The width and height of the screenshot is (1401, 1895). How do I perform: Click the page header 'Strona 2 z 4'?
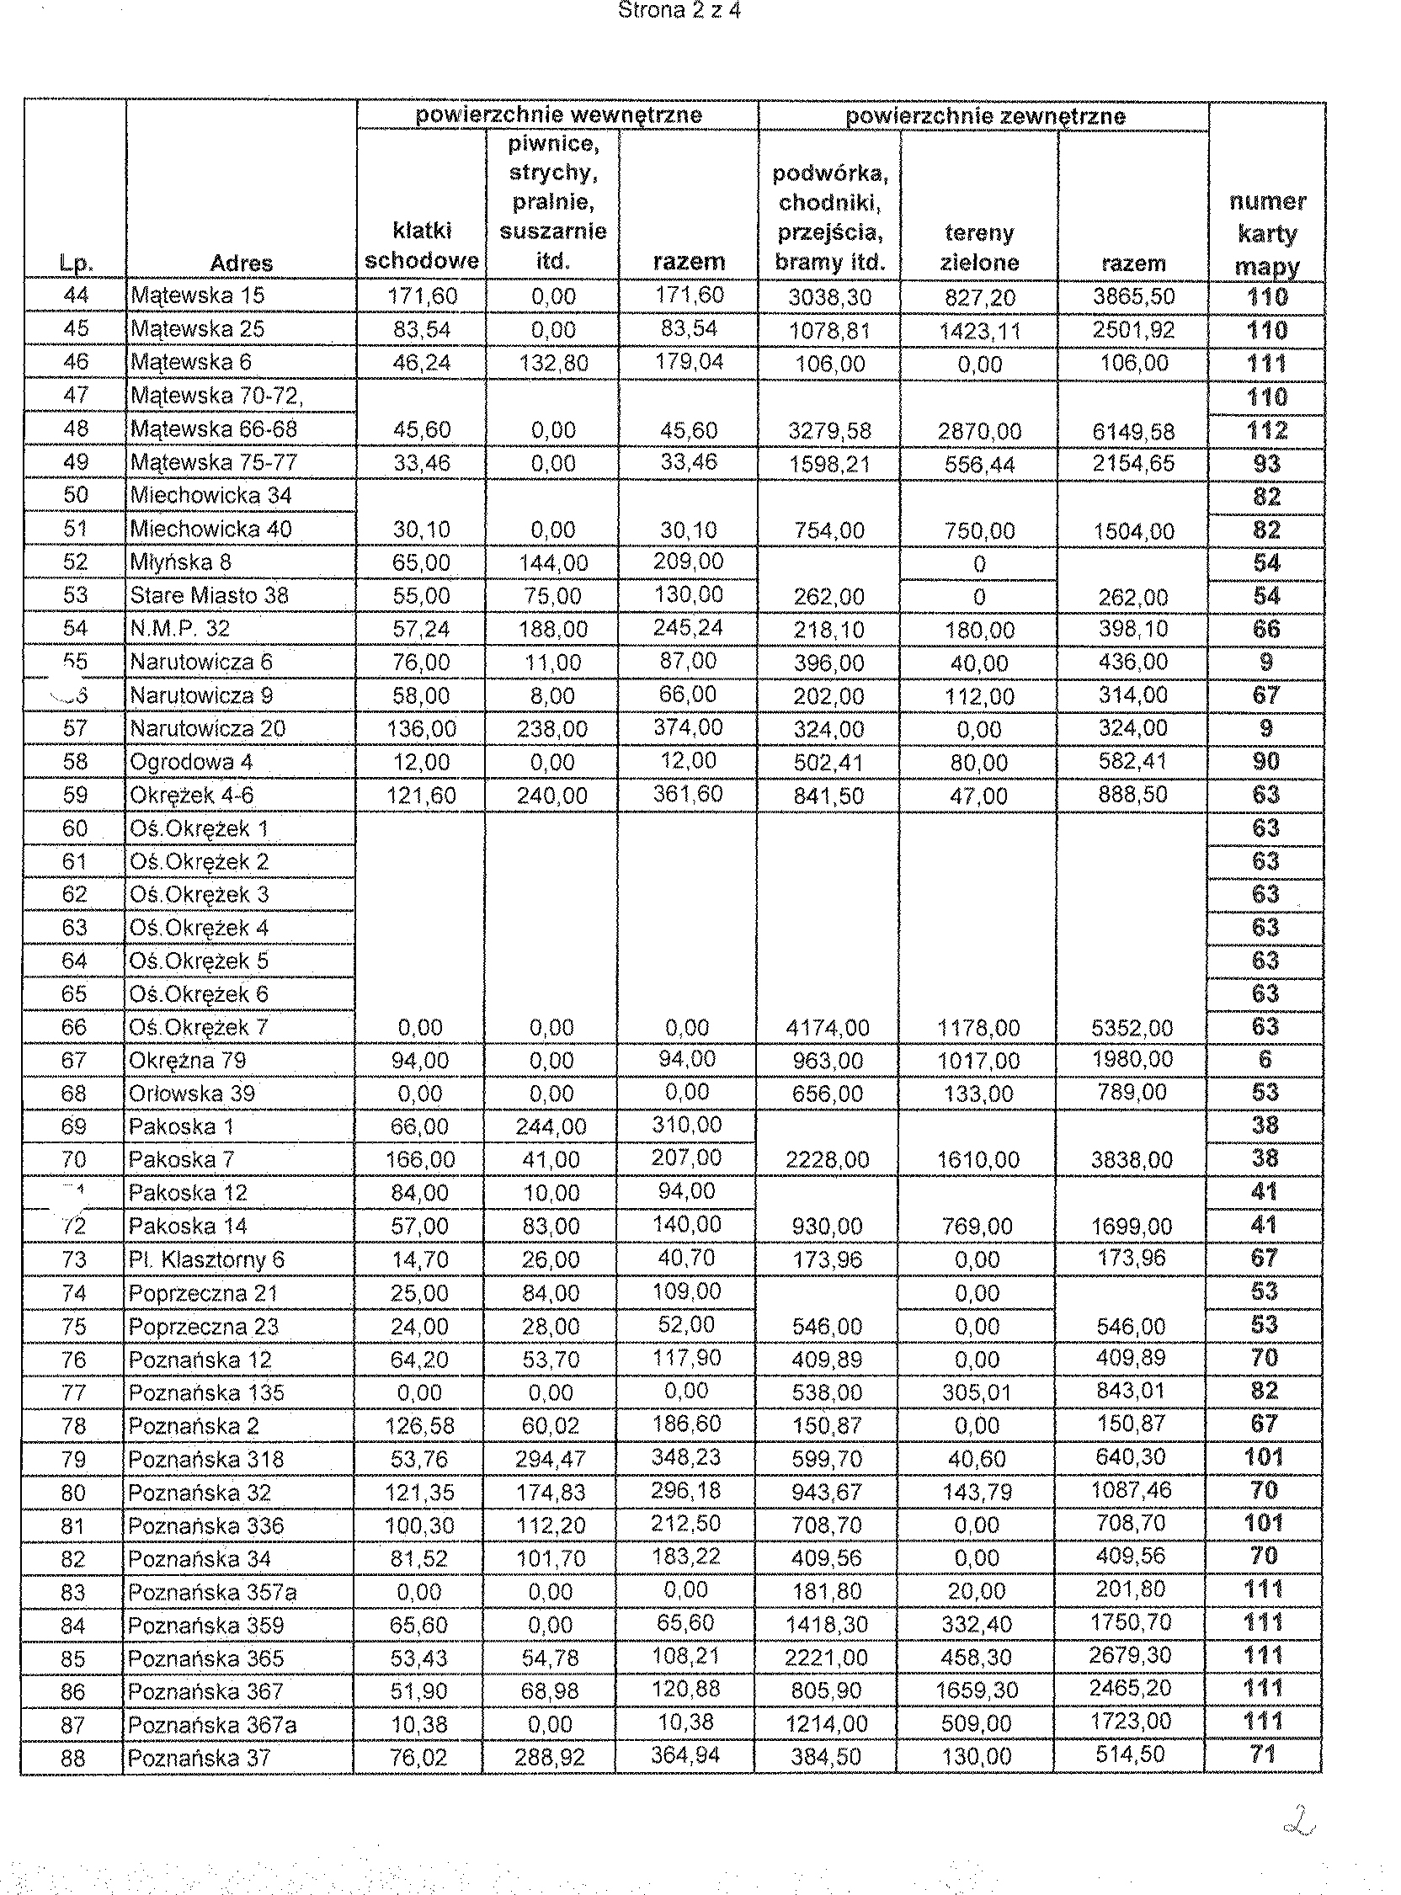pos(679,11)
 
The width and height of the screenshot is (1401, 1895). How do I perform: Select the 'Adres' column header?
pos(241,263)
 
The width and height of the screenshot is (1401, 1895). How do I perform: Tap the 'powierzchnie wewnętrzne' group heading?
pos(558,115)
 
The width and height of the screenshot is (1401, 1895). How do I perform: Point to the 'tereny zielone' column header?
pos(978,247)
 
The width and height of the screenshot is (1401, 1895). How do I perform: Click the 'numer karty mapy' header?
pos(1267,234)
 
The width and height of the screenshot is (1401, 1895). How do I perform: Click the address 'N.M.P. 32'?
pos(179,628)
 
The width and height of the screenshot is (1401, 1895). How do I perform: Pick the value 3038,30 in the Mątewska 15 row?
pos(828,298)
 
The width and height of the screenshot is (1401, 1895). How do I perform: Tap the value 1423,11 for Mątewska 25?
pos(979,331)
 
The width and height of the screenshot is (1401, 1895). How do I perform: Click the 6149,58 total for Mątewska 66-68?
pos(1133,432)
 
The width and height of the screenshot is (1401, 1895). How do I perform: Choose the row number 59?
pos(75,796)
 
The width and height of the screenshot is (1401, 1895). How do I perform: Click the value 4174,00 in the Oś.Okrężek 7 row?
pos(828,1029)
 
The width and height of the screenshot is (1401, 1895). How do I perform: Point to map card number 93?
pos(1266,464)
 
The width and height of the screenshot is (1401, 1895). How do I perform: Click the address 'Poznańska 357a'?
pos(212,1592)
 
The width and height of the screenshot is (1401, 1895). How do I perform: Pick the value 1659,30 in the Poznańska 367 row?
pos(977,1691)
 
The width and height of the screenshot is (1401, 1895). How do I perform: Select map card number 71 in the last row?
pos(1263,1756)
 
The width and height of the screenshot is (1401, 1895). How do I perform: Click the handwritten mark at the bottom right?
pos(1299,1819)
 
